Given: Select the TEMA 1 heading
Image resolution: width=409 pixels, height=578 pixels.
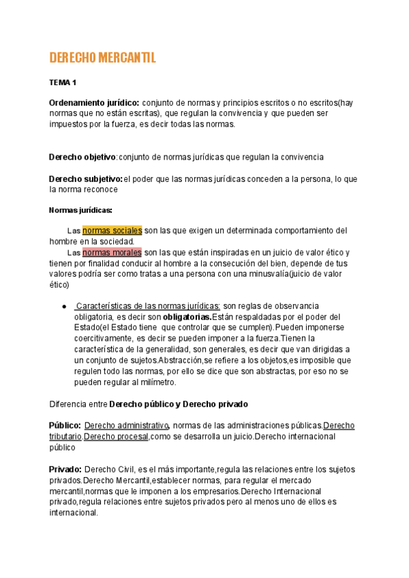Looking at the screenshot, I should (63, 82).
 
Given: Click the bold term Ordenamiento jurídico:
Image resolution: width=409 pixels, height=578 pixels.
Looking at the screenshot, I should (94, 102).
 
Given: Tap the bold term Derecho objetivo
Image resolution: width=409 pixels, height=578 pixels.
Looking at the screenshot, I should (82, 157).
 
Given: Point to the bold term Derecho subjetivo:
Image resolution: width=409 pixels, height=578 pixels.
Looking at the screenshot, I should (85, 179).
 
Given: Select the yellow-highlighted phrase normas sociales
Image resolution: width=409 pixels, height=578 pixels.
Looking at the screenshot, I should (112, 230).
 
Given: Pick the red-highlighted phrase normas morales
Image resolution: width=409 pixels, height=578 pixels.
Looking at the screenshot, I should (112, 252).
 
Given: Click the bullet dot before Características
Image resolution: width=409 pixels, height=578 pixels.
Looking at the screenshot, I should (63, 306).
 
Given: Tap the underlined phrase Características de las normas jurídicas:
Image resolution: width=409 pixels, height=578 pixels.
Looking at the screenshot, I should (147, 306).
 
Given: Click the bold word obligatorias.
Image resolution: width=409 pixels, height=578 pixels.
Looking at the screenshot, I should (187, 317).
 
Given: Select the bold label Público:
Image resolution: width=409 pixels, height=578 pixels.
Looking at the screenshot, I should (65, 425).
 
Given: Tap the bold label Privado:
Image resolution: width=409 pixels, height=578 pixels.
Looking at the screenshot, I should (65, 469).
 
